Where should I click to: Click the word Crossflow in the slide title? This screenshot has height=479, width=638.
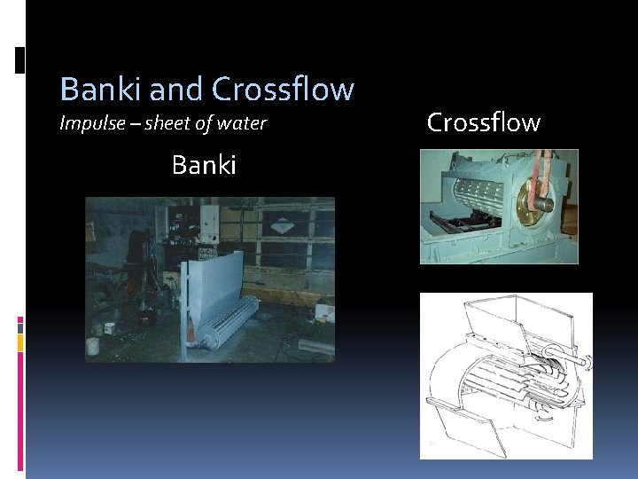[x=283, y=90]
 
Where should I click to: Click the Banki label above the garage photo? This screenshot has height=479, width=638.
[x=204, y=165]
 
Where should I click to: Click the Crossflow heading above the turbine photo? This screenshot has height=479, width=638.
[x=483, y=122]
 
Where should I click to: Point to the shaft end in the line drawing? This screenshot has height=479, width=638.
[x=581, y=362]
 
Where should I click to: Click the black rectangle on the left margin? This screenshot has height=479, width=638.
[x=21, y=60]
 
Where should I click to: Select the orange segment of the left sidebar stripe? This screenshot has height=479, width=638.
[x=20, y=341]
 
